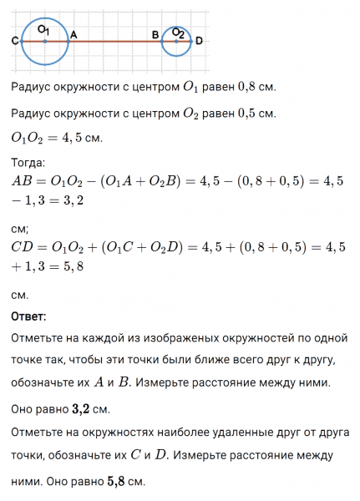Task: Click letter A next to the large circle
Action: pyautogui.click(x=74, y=34)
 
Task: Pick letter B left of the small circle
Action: pyautogui.click(x=155, y=34)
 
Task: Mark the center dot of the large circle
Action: pyautogui.click(x=44, y=40)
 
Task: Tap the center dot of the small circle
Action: pyautogui.click(x=177, y=40)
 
